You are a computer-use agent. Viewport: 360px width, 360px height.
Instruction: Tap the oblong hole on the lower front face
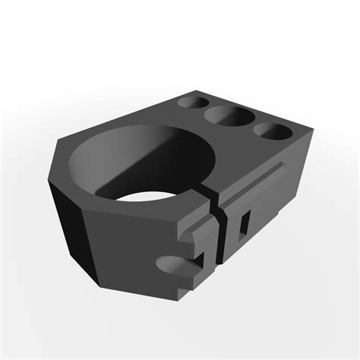pos(176,265)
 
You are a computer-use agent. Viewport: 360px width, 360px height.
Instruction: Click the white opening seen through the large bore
pos(149,201)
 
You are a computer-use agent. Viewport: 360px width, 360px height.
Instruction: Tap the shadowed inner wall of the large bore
pos(106,163)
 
